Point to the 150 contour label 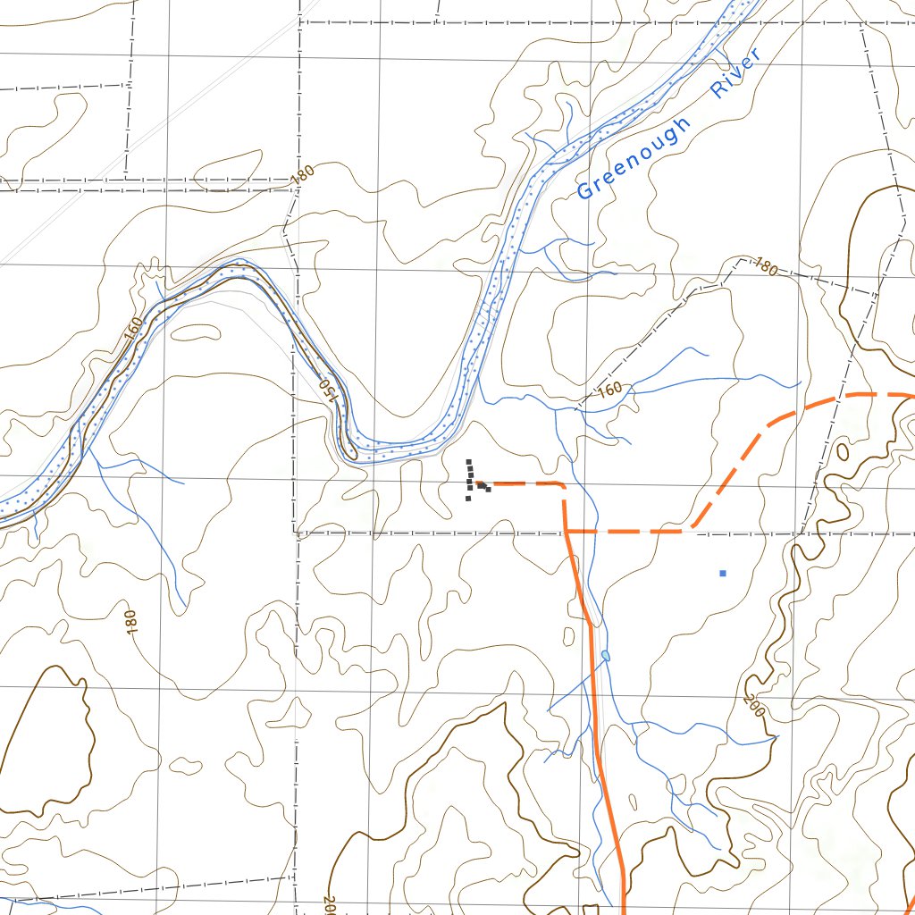(329, 390)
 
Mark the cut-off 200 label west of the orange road (329, 904)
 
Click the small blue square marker (723, 573)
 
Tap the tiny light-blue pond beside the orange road (606, 656)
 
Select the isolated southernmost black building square (468, 499)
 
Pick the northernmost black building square (468, 462)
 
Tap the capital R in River (718, 90)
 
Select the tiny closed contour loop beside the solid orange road (569, 636)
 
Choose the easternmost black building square (488, 490)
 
